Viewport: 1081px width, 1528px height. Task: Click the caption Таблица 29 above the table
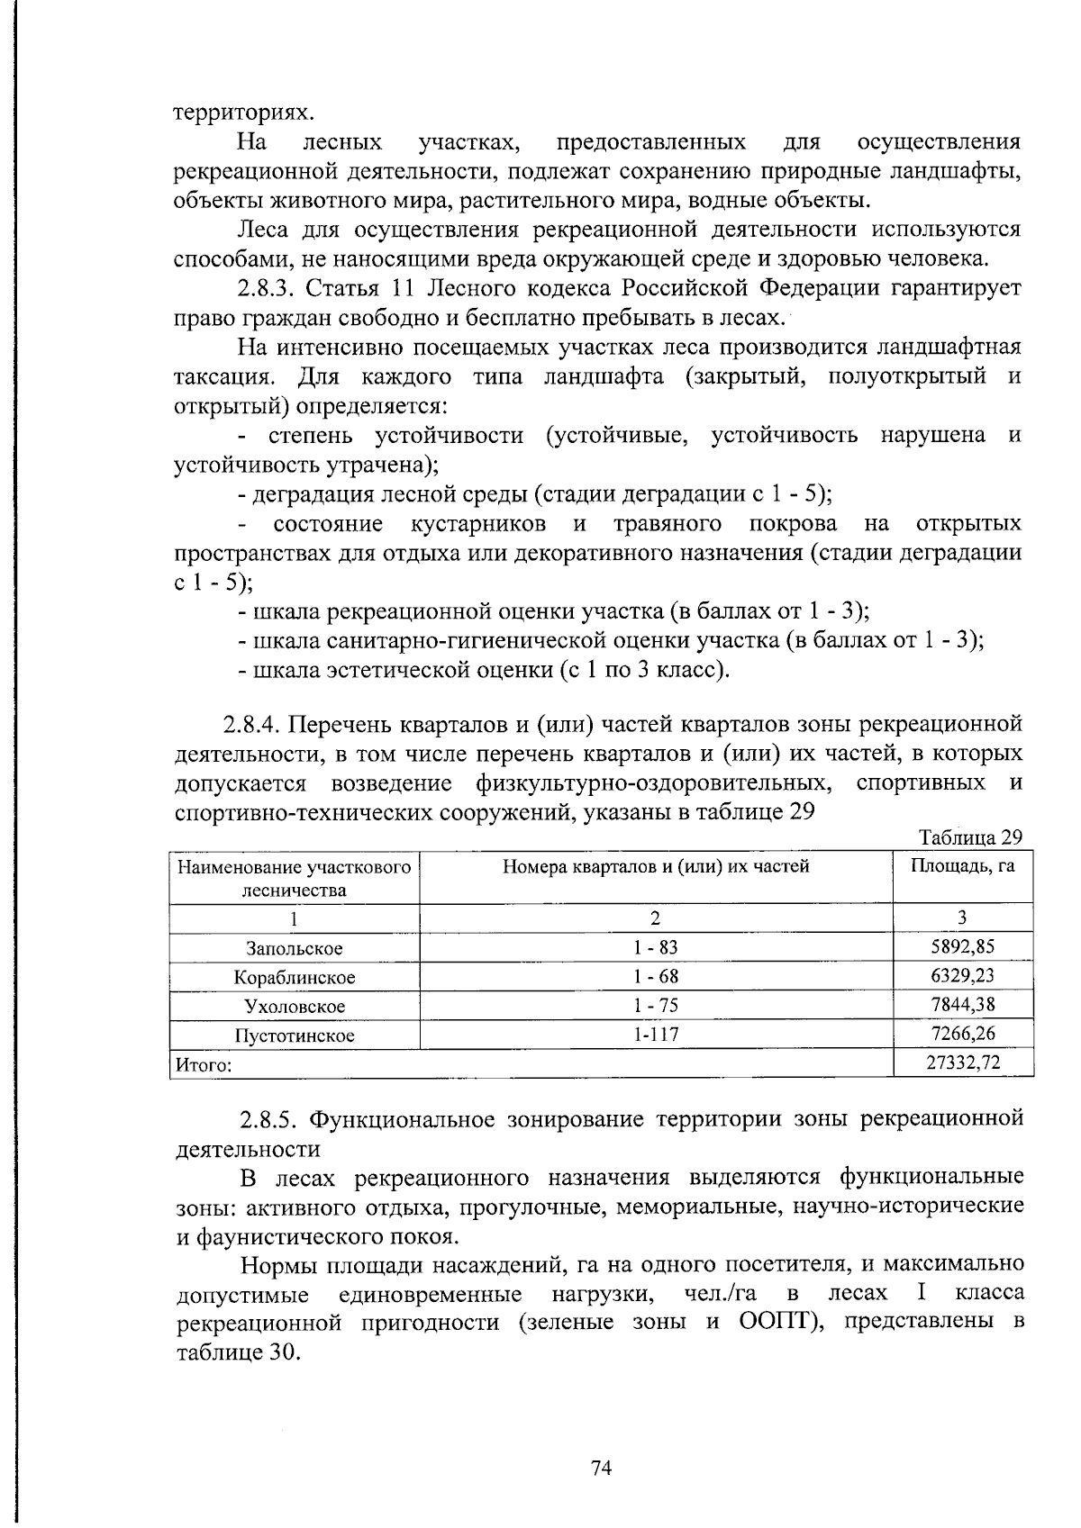[x=970, y=837]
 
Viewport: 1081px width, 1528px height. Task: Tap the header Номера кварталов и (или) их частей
[x=656, y=866]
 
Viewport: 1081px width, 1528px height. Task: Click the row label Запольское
[x=295, y=948]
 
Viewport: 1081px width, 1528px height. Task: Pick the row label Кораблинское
[x=295, y=977]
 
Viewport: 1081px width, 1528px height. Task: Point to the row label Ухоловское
[x=295, y=1006]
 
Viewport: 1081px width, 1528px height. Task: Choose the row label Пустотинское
[x=295, y=1035]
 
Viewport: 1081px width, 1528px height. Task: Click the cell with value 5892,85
[x=962, y=946]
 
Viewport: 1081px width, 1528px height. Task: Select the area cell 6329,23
[x=962, y=976]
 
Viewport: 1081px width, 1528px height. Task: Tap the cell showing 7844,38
[x=962, y=1005]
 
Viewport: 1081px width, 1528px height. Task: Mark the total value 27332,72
[x=963, y=1063]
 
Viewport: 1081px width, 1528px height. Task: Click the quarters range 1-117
[x=656, y=1035]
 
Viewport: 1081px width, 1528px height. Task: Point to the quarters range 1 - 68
[x=656, y=977]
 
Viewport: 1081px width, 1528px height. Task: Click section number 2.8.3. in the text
[x=267, y=289]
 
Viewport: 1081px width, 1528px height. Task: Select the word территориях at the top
[x=245, y=113]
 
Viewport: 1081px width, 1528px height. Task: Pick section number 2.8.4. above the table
[x=254, y=724]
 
